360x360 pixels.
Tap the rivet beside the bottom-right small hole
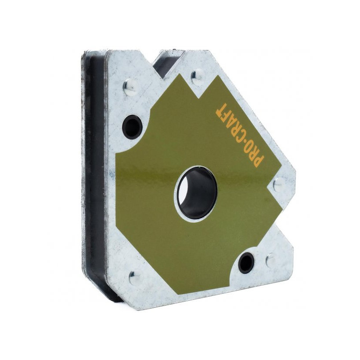pos(271,259)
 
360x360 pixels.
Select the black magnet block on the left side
pos(94,176)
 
